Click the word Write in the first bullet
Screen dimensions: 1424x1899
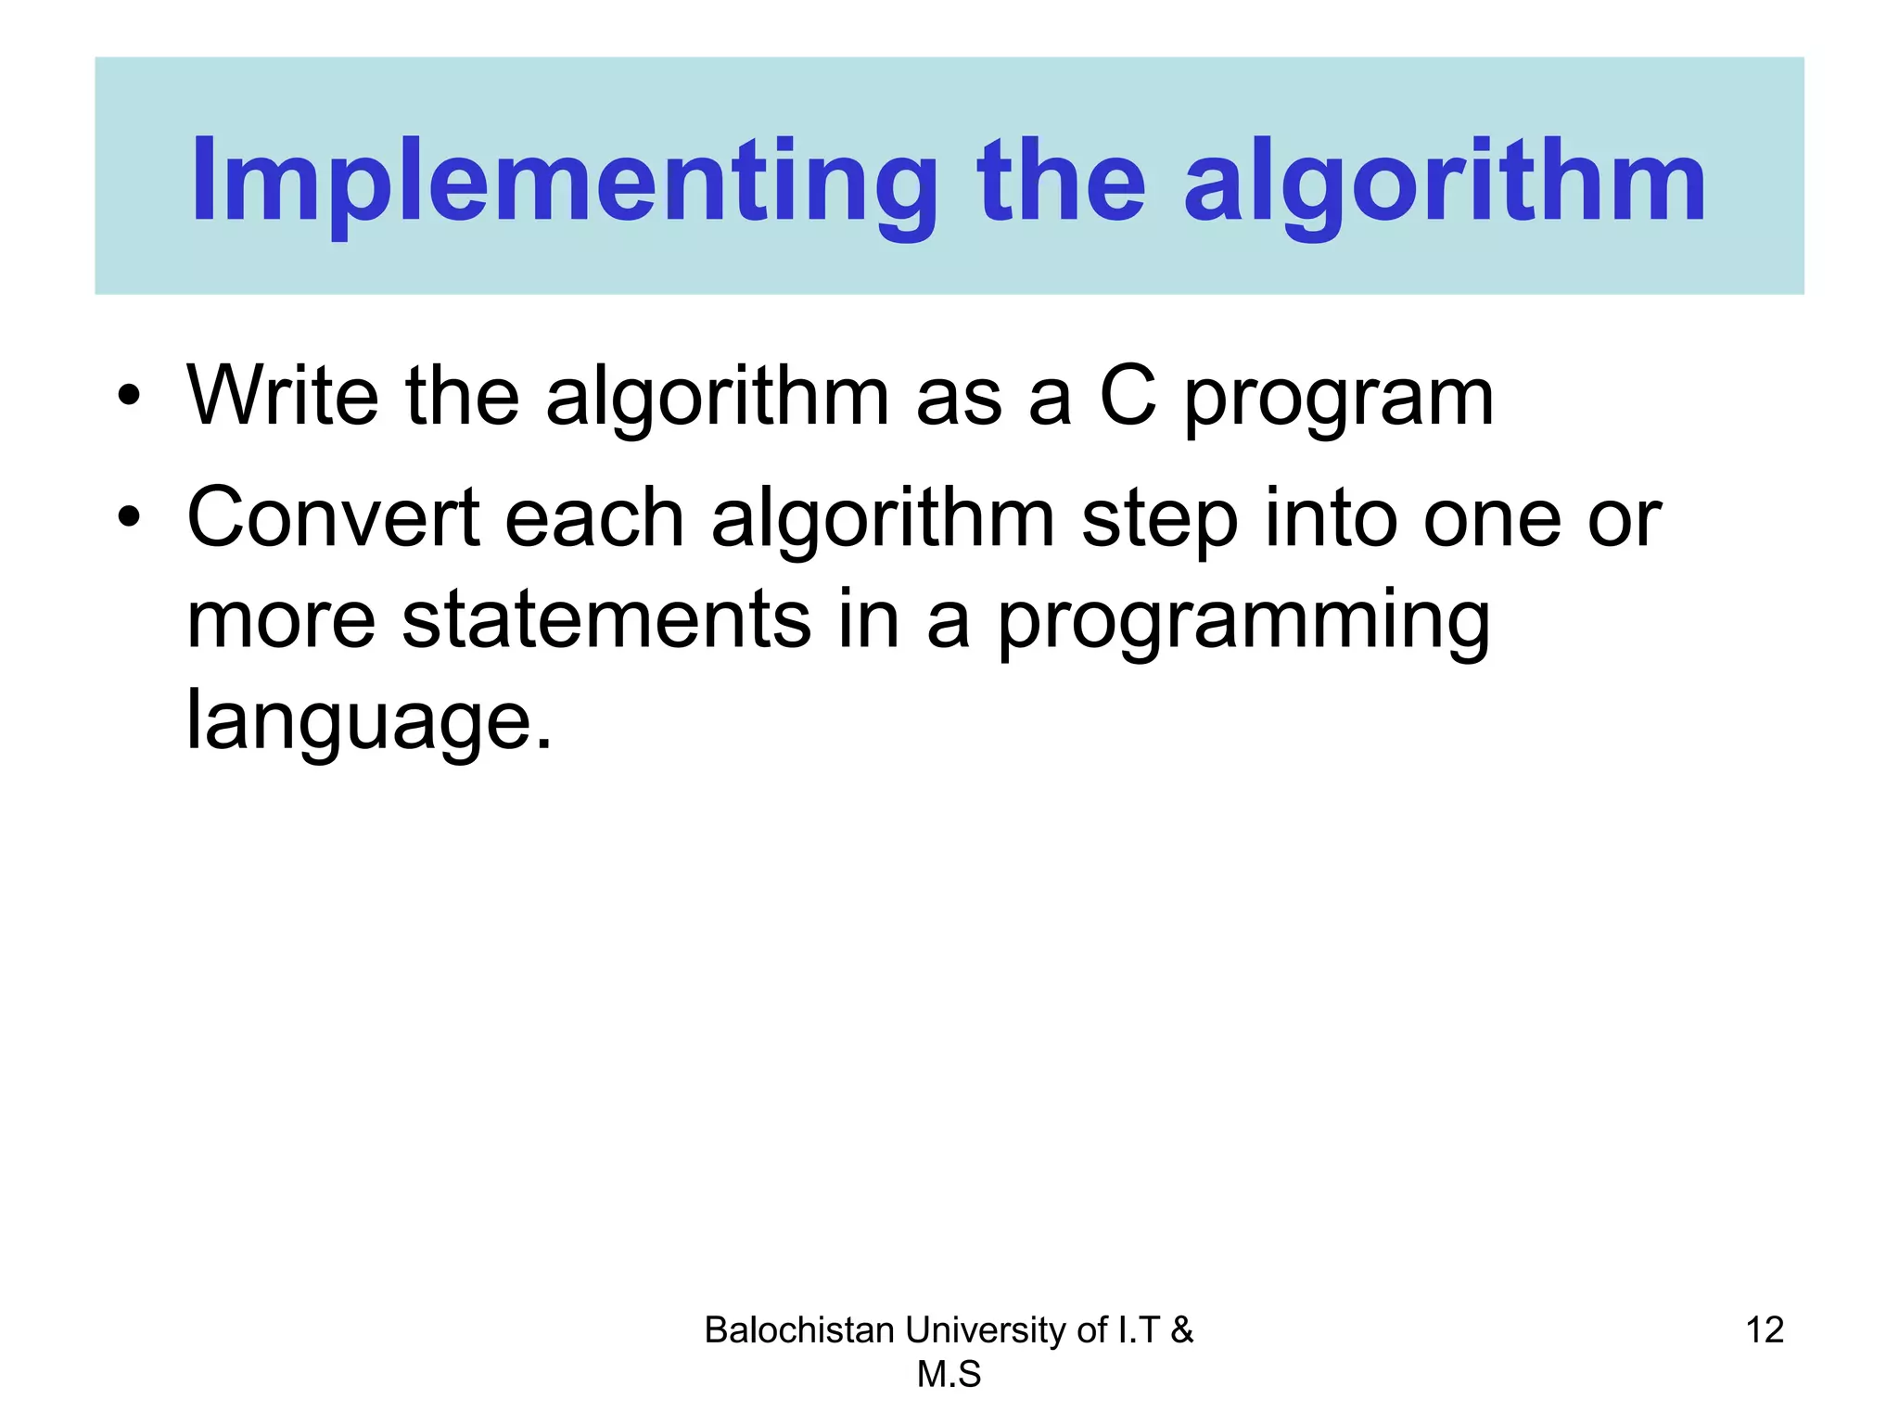coord(283,396)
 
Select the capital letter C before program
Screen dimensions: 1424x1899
coord(1128,396)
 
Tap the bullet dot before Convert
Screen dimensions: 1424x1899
coord(130,518)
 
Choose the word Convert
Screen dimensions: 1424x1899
coord(333,517)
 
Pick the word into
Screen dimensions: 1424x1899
coord(1331,517)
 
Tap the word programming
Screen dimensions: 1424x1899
coord(1243,623)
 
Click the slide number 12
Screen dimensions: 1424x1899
coord(1764,1330)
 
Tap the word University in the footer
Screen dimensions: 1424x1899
coord(986,1330)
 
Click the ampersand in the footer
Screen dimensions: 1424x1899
coord(1181,1330)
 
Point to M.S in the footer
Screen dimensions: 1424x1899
coord(949,1374)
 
